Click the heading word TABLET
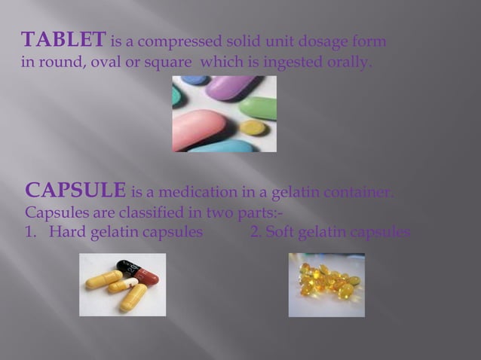coord(64,39)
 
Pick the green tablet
coord(261,108)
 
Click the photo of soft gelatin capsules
coord(326,284)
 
